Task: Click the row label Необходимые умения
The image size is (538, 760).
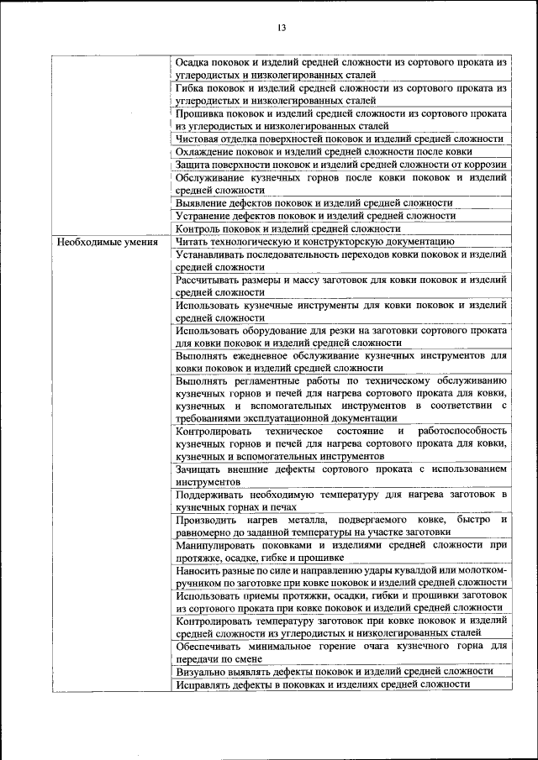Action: pyautogui.click(x=108, y=241)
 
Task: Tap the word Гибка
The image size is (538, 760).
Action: pyautogui.click(x=192, y=87)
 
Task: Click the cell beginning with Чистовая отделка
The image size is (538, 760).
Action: pyautogui.click(x=340, y=139)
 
